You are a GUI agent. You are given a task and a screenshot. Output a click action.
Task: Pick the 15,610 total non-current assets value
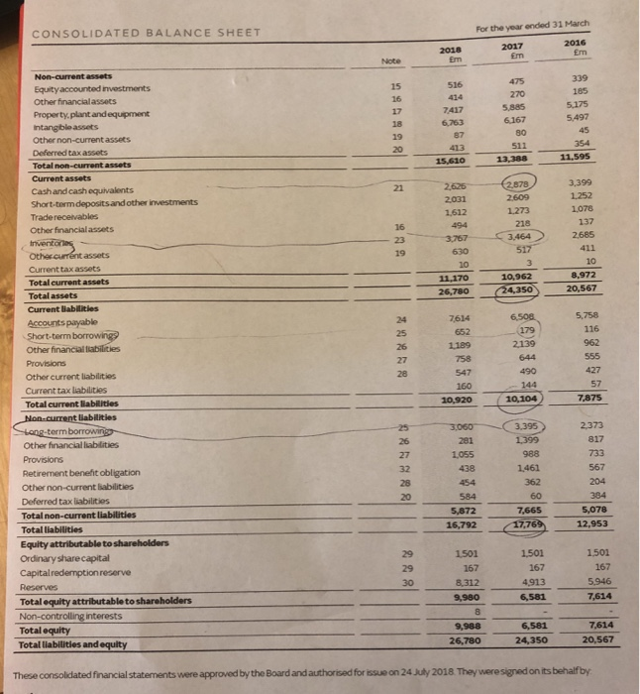450,162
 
